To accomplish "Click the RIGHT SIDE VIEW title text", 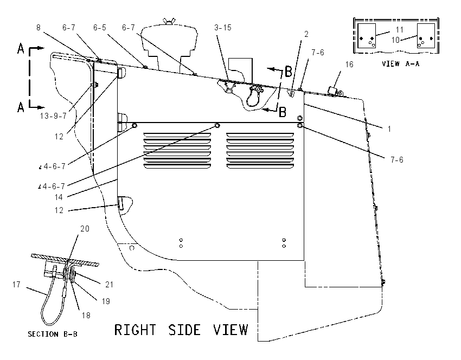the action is (181, 330).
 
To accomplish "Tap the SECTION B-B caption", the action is (53, 334).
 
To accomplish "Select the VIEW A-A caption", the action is (400, 63).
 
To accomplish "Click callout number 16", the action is (349, 65).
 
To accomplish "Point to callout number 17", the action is (16, 285).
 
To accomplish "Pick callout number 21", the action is (109, 284).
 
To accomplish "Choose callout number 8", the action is (39, 27).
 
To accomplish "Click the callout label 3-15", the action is (223, 27).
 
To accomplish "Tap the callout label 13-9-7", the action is (53, 116).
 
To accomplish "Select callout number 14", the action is (59, 197).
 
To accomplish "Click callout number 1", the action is (389, 128).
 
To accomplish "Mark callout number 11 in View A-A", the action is (399, 30).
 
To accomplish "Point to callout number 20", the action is (85, 228).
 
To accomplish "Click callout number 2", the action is (306, 34).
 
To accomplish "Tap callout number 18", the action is (86, 316).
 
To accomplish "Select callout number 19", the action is (106, 301).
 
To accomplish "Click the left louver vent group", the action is (177, 151).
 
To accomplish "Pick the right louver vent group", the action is (260, 151).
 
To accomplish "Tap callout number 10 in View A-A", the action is (395, 40).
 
